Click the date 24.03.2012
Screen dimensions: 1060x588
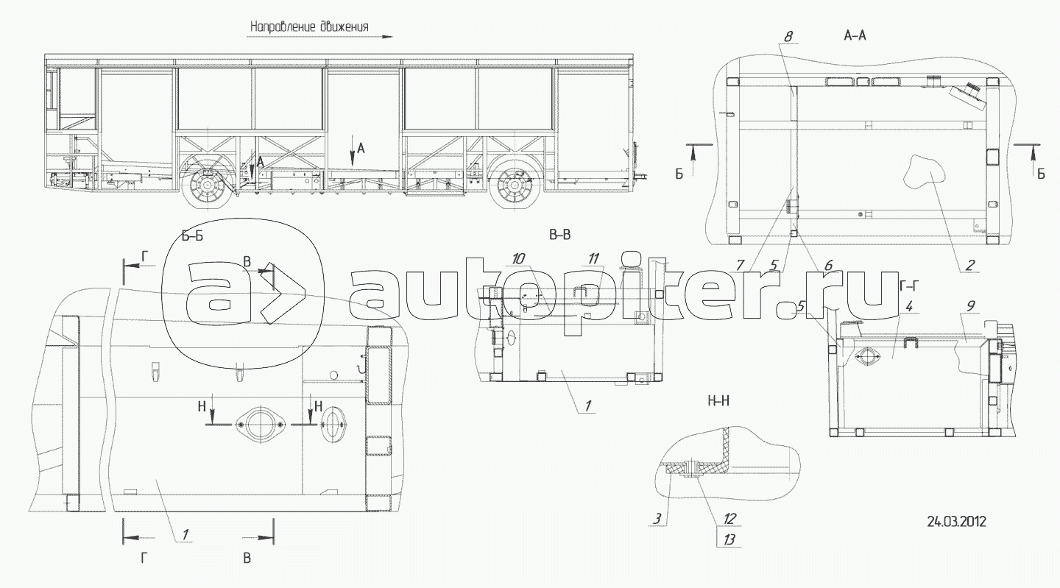[956, 522]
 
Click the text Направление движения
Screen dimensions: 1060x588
[309, 26]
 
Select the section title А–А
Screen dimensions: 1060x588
[855, 35]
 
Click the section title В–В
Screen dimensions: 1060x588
[559, 235]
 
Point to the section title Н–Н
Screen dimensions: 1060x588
[718, 401]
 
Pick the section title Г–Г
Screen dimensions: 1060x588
[908, 286]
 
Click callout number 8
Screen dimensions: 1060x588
[788, 36]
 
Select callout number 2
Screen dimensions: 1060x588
[970, 265]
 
